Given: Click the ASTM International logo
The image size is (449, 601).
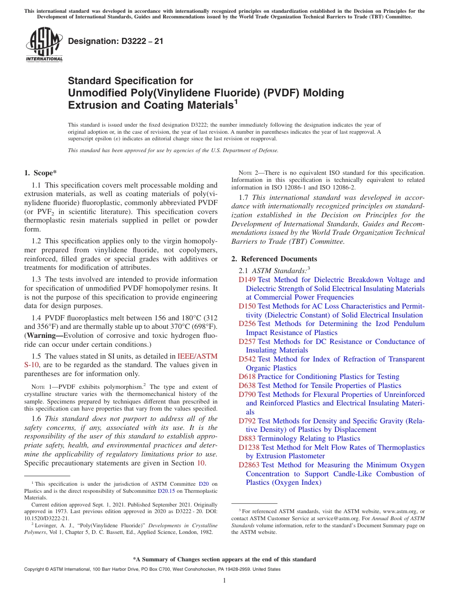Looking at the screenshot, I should [x=44, y=45].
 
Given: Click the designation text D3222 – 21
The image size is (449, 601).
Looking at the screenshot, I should [x=116, y=41].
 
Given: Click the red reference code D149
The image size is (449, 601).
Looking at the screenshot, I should [x=247, y=280].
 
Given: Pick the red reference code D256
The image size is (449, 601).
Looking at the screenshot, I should [x=247, y=324].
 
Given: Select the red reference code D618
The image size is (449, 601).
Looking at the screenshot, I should [x=247, y=377].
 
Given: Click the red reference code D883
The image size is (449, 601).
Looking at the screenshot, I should [x=247, y=438].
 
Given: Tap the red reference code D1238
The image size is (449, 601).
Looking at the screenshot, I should [x=249, y=447].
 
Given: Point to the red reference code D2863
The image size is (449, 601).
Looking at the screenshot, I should [x=249, y=465].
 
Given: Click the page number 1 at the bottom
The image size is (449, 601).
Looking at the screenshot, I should [x=224, y=580].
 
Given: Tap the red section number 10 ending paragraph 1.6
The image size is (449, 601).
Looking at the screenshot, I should [x=200, y=463].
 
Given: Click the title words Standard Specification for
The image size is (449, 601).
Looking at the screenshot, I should [x=130, y=81].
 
